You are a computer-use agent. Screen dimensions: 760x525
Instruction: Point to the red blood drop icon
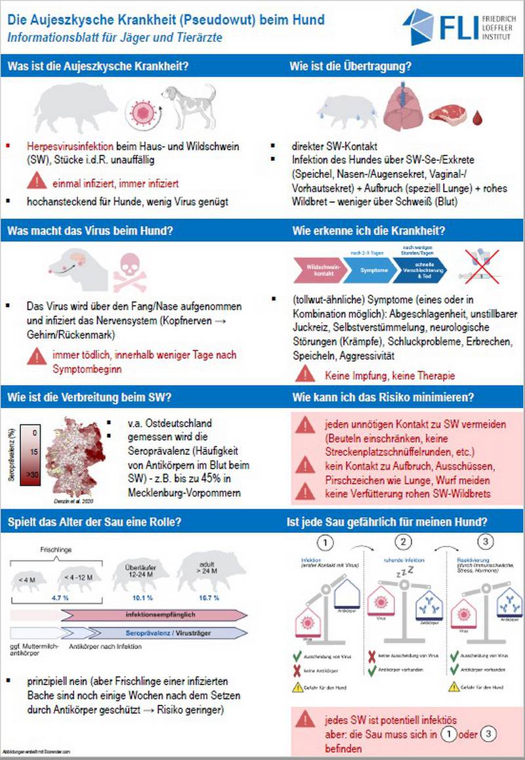point(485,117)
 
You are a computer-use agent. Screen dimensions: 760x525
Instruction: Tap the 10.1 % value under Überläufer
point(136,599)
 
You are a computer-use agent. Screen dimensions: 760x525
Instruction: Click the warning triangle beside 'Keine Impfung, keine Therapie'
point(304,375)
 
